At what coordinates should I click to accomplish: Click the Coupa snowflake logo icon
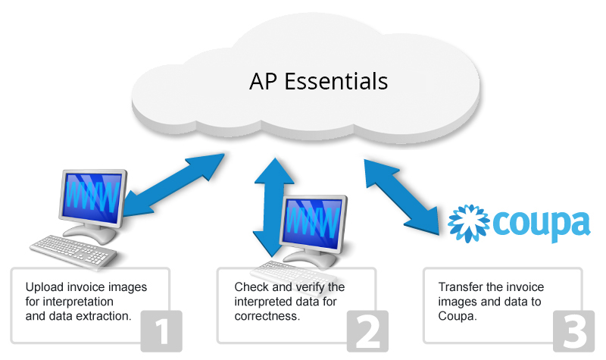click(467, 222)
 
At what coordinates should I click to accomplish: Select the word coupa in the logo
click(541, 223)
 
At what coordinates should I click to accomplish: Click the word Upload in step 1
click(44, 287)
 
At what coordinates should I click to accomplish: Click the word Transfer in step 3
click(459, 287)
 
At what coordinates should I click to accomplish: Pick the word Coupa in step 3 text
click(456, 315)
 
